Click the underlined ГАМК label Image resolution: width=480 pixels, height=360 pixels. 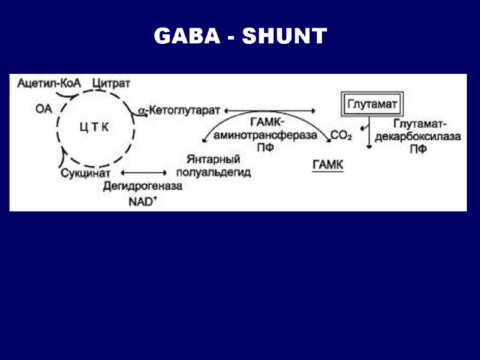pos(328,164)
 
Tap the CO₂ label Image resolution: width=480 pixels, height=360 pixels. pos(341,137)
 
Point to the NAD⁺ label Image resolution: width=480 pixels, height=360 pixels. pos(143,201)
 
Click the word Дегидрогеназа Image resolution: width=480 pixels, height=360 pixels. pos(143,187)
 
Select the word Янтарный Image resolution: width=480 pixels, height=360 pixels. pos(213,160)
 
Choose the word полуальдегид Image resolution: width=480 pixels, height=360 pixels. pos(214,173)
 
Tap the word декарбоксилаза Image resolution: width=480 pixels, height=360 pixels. pos(418,137)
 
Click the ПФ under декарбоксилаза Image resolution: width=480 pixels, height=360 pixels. pos(418,149)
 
